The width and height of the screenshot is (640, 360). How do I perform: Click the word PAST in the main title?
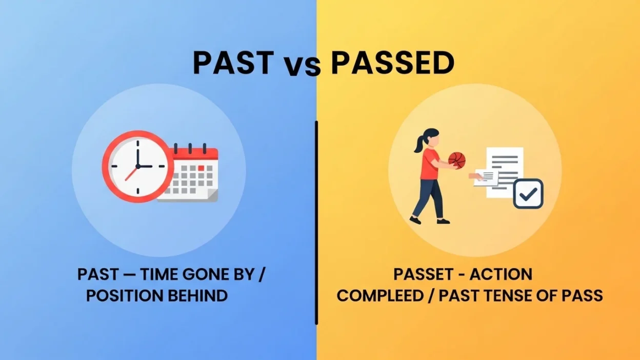pyautogui.click(x=233, y=63)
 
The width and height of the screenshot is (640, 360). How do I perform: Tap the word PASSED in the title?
pyautogui.click(x=392, y=63)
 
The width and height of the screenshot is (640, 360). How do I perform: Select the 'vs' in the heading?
pyautogui.click(x=302, y=66)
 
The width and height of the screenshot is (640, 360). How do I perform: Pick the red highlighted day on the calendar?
pyautogui.click(x=201, y=168)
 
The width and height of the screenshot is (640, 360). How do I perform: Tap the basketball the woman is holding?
pyautogui.click(x=456, y=160)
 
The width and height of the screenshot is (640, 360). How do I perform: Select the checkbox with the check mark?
pyautogui.click(x=528, y=193)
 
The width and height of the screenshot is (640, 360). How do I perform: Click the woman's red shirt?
pyautogui.click(x=430, y=163)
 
